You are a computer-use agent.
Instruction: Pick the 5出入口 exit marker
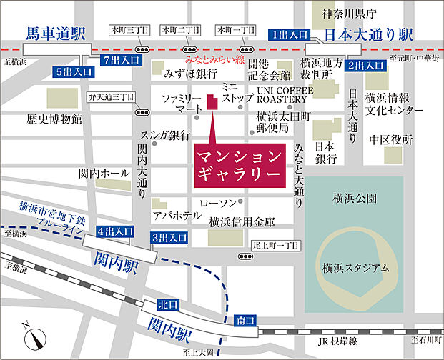[73, 71]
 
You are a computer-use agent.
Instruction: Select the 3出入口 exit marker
[169, 237]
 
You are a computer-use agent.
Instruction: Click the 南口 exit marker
[245, 321]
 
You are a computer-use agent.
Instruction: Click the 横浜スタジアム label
[355, 268]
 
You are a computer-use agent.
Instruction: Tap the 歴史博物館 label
[54, 119]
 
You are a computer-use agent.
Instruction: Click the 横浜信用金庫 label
[242, 222]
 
